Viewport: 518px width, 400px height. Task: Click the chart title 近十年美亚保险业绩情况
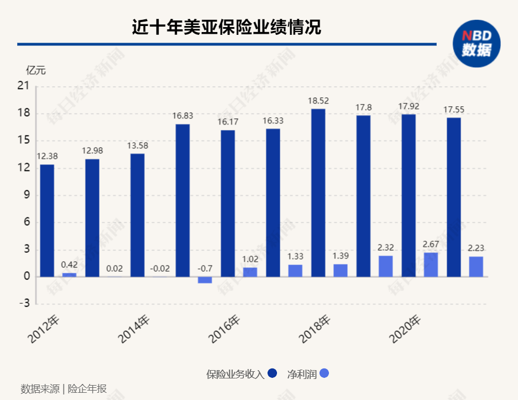click(x=226, y=27)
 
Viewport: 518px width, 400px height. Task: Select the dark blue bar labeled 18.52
click(x=318, y=193)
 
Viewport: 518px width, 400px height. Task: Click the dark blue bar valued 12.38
click(x=47, y=220)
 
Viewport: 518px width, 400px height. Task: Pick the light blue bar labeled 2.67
click(x=431, y=264)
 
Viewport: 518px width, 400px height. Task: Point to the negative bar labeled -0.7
click(x=205, y=280)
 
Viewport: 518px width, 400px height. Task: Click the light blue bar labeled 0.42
click(x=69, y=274)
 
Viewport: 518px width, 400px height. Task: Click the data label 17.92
click(x=408, y=106)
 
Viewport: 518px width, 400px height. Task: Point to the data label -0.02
click(x=160, y=269)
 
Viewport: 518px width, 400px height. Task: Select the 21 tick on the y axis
click(x=23, y=86)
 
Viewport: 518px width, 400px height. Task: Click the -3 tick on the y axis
click(x=24, y=303)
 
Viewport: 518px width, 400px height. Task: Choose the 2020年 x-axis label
click(x=405, y=329)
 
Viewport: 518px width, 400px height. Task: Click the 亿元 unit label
click(x=36, y=70)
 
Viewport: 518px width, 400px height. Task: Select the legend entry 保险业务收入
click(x=242, y=374)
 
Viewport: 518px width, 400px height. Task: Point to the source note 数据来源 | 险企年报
click(x=64, y=388)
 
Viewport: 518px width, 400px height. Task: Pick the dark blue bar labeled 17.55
click(x=453, y=197)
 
